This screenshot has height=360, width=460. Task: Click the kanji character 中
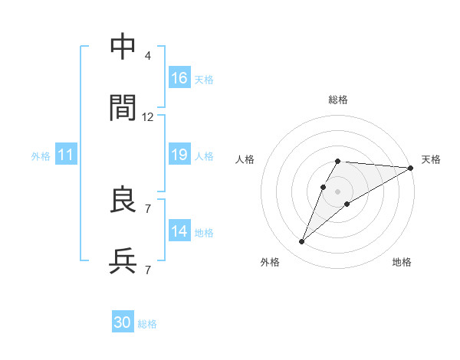(123, 47)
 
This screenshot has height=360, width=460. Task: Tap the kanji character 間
(123, 109)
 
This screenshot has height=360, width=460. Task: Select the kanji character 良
(123, 200)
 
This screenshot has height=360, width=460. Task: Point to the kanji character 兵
(123, 261)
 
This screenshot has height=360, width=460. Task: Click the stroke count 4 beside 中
(148, 56)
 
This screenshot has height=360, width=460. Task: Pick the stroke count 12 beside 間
(148, 117)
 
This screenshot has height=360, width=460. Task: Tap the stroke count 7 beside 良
(148, 208)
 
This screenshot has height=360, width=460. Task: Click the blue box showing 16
(179, 78)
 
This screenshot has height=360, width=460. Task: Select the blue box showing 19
(179, 155)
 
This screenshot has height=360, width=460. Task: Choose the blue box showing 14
(179, 231)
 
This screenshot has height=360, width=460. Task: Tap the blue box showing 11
(66, 155)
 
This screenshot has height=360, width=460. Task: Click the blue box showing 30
(123, 322)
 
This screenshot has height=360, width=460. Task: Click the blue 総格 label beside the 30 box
(147, 324)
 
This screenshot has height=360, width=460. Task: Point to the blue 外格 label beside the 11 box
(41, 156)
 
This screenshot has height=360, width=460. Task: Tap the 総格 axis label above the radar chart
(338, 100)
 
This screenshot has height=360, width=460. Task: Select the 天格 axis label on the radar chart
(431, 159)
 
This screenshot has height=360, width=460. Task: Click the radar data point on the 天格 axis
(411, 168)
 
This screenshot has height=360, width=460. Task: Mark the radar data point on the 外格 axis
(302, 242)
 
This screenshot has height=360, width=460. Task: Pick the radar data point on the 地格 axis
(347, 203)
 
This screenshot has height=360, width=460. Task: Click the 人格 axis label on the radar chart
(246, 159)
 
